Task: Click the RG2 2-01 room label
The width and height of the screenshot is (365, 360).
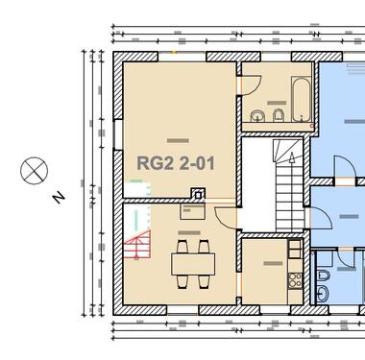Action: (x=175, y=164)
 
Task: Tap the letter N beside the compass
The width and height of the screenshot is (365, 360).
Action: (x=59, y=198)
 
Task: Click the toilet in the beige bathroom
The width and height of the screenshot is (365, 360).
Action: (x=277, y=118)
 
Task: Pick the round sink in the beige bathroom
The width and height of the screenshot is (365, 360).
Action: (x=256, y=118)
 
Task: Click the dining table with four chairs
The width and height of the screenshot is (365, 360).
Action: (x=192, y=263)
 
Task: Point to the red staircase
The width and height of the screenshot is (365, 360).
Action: (x=138, y=247)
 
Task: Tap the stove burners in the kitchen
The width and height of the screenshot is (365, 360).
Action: (x=296, y=280)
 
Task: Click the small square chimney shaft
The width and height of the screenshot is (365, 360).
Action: (x=198, y=197)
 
